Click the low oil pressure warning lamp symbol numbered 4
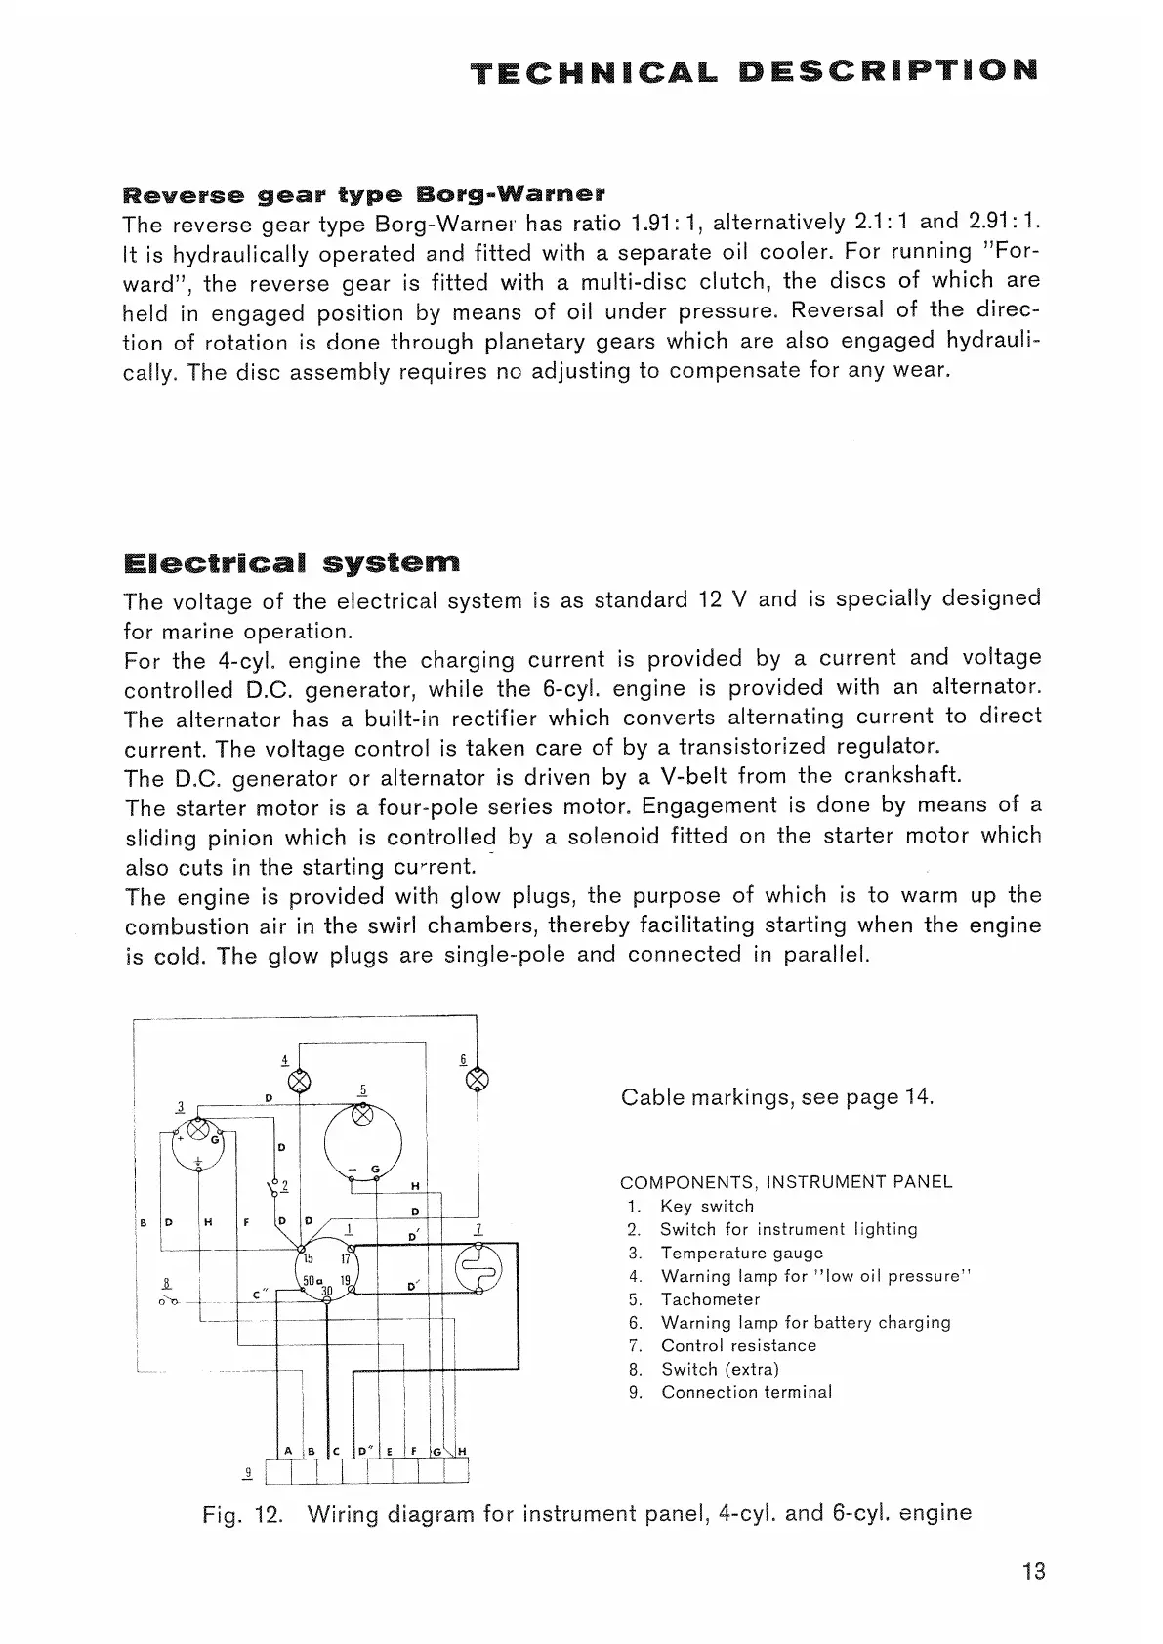(x=300, y=1082)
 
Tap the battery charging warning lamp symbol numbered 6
(x=478, y=1081)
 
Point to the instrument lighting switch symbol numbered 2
(x=273, y=1188)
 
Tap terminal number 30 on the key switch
(x=327, y=1291)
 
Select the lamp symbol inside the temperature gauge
(x=198, y=1130)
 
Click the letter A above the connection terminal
(x=289, y=1451)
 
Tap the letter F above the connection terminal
(x=414, y=1451)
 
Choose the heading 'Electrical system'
(x=292, y=564)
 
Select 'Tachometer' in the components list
(x=710, y=1299)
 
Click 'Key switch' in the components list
(x=707, y=1206)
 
